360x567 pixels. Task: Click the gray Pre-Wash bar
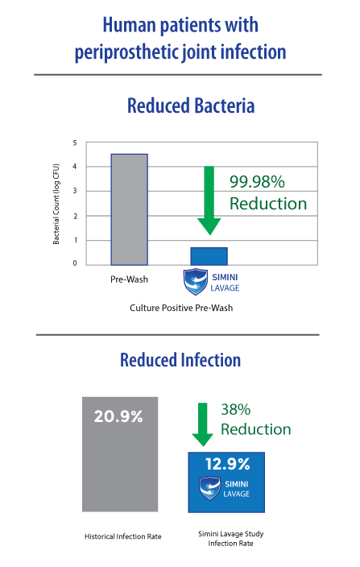coord(130,209)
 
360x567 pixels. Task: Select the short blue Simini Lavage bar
coord(209,256)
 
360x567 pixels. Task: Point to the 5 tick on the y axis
coord(75,143)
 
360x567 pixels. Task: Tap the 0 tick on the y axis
coord(75,263)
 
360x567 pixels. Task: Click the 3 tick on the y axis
coord(75,191)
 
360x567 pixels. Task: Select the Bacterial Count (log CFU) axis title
coord(56,205)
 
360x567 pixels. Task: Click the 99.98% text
coord(257,181)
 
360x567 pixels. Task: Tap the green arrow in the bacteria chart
coord(209,201)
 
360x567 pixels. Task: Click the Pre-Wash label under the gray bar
coord(129,279)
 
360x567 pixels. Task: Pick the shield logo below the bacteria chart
coord(195,282)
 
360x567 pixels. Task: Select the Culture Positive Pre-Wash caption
coord(181,308)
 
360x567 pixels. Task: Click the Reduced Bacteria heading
coord(191,106)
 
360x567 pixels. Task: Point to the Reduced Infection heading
coord(180,360)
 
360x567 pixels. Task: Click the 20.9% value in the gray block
coord(118,416)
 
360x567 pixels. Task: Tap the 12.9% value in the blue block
coord(228,464)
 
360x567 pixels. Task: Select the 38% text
coord(236,410)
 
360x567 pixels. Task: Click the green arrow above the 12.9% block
coord(202,424)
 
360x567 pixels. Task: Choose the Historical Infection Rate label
coord(123,536)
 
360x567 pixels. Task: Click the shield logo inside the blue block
coord(209,488)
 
